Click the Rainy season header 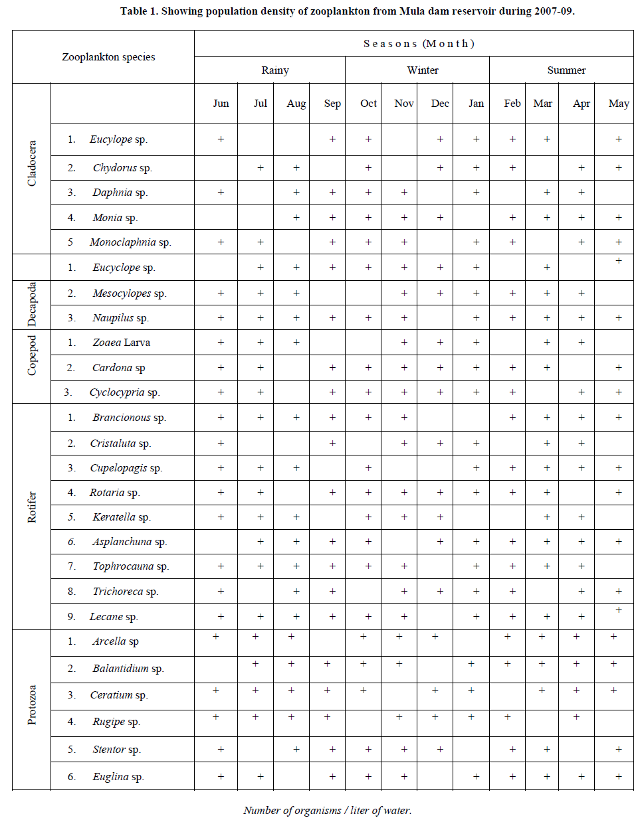[275, 70]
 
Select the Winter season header [423, 70]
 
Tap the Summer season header [566, 70]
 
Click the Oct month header [368, 104]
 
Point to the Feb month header [512, 104]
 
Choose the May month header [619, 104]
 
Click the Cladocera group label [32, 163]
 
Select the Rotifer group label [32, 507]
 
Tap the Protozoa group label [32, 704]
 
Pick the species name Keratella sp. [122, 517]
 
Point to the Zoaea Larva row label [122, 343]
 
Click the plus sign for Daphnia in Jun [221, 193]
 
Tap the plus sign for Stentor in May [619, 750]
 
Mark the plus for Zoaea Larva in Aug [296, 343]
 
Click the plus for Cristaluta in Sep [332, 444]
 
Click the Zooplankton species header [108, 57]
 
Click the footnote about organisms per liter [327, 810]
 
